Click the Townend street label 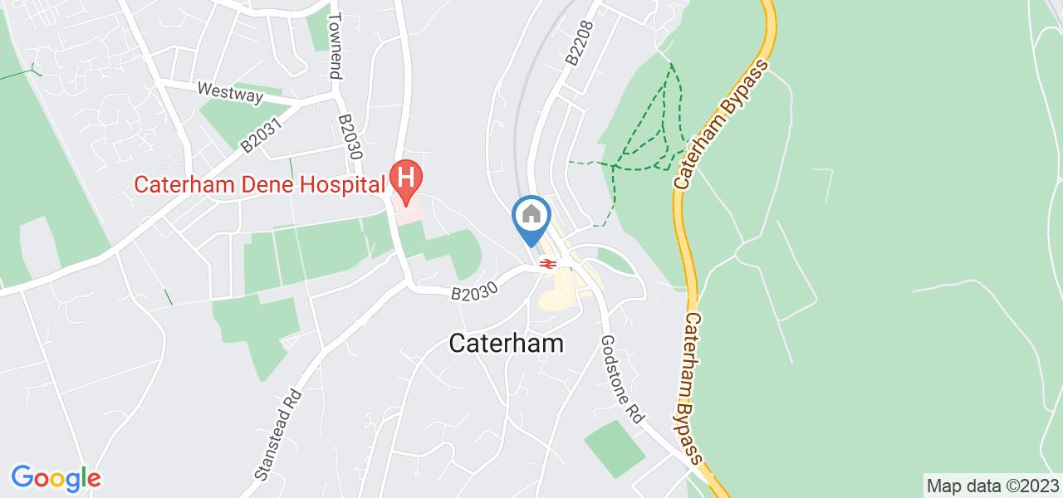click(x=335, y=46)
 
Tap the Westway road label click(x=230, y=91)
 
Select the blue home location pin click(x=531, y=217)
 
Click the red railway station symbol click(x=546, y=264)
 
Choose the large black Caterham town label click(x=507, y=344)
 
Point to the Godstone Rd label click(x=623, y=380)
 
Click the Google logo click(x=56, y=478)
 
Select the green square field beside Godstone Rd click(x=615, y=448)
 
